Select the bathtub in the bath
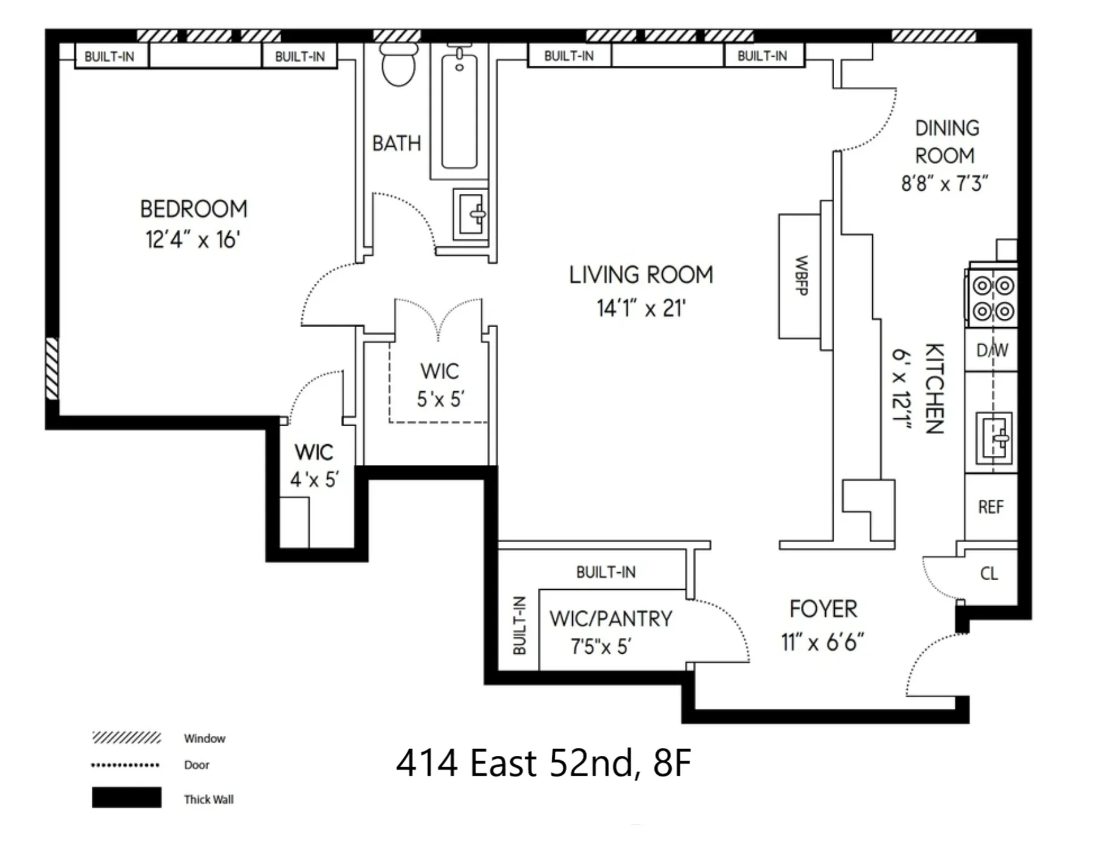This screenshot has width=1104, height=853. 459,112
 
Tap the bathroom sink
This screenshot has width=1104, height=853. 470,214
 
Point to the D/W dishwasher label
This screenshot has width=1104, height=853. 992,350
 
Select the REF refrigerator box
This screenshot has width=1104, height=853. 991,507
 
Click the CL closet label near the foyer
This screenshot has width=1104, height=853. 989,573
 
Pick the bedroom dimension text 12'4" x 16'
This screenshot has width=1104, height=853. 193,240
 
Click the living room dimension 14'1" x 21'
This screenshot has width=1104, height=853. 641,309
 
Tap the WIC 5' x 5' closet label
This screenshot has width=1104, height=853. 439,385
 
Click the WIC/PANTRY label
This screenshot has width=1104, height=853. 610,619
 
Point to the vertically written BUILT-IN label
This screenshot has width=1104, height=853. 519,625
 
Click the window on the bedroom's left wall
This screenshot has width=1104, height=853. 53,368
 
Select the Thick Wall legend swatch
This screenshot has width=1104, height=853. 126,797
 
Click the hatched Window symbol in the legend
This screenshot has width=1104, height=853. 126,738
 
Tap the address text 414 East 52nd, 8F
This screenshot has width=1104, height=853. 543,763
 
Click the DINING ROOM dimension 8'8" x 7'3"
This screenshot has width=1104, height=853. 944,184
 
